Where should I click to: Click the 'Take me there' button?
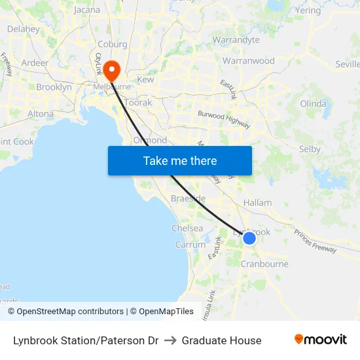click(180, 160)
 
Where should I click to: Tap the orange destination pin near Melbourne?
click(111, 69)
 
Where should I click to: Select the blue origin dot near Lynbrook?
click(249, 238)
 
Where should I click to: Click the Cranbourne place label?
click(264, 264)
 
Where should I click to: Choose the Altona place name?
click(41, 113)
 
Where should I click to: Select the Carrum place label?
click(190, 245)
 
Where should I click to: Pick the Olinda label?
click(313, 104)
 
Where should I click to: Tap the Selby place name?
click(310, 149)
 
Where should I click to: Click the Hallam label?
click(257, 203)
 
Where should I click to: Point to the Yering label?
click(308, 10)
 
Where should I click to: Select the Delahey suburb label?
click(23, 29)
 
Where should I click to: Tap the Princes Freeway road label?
click(315, 241)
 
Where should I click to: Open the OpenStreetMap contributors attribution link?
click(70, 312)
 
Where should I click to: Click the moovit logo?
click(321, 340)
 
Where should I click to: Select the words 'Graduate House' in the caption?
click(221, 340)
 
